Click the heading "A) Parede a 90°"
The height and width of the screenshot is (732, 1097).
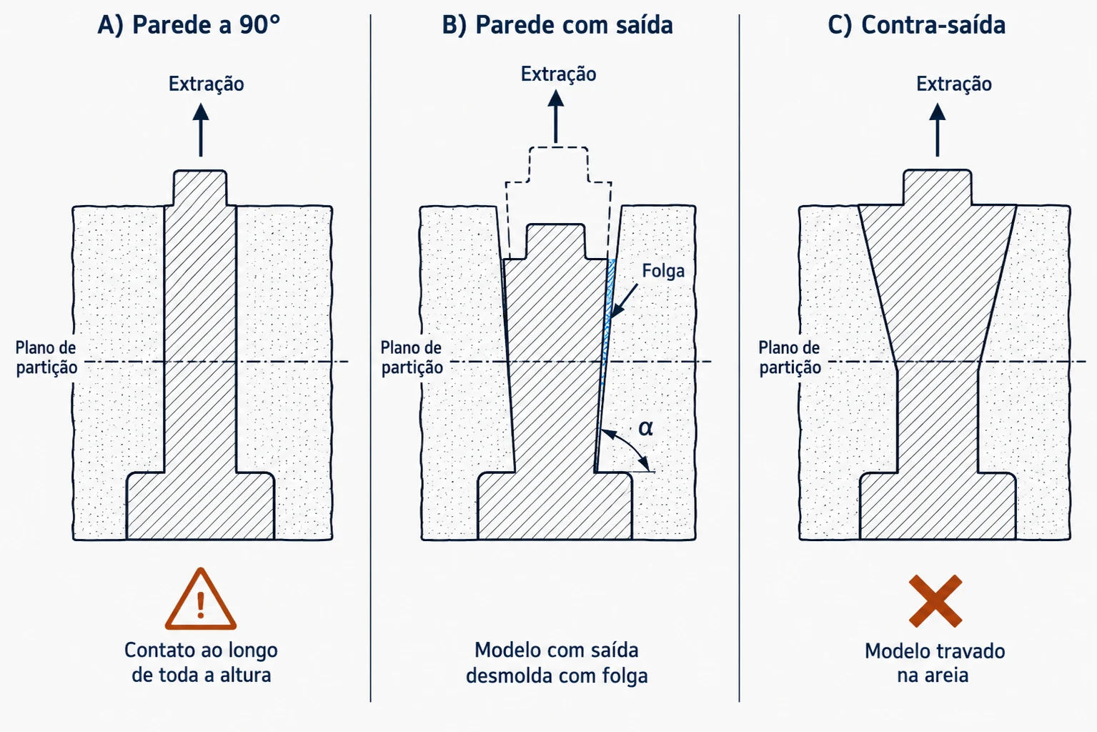189,24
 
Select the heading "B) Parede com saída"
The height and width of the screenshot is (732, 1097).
557,24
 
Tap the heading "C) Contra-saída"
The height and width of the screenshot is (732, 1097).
916,24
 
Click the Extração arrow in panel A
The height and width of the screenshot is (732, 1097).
201,130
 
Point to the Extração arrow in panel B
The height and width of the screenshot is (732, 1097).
556,117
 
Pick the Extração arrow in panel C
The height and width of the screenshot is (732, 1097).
938,130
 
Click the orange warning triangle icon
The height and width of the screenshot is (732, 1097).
201,599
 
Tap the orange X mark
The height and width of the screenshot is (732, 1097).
935,601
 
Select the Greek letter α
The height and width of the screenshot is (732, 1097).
645,428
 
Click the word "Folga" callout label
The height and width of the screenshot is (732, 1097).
663,270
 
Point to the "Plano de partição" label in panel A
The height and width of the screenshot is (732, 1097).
46,357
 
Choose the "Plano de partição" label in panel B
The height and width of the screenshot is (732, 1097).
412,357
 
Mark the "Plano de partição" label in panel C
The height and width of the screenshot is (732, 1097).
790,357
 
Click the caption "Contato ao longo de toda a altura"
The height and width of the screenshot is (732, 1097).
201,663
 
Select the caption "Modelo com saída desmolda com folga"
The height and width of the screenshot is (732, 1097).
557,663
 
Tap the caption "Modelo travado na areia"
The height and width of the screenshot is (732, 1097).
934,663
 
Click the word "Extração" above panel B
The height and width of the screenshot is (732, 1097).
558,74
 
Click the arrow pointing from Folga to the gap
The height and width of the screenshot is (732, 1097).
624,300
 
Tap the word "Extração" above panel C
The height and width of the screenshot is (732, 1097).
954,84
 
